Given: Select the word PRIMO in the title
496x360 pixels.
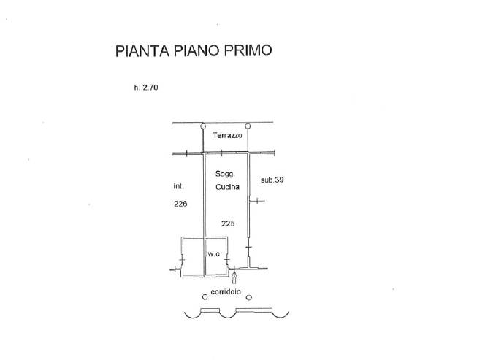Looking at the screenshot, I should point(250,51).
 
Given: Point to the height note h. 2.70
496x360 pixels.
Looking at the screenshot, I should point(146,88).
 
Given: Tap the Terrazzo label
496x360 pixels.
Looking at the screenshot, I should point(227,137).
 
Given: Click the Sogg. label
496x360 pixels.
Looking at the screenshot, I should point(224,174).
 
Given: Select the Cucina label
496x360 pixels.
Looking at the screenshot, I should point(227,188).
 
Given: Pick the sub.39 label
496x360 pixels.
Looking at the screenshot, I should point(272,180).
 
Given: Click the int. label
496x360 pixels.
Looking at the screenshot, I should point(179,186).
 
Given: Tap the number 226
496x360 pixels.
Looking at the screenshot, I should point(180,204).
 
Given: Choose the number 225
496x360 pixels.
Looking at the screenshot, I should point(227,223).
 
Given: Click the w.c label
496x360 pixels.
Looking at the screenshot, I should point(213,254).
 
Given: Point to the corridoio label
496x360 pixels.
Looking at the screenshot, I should point(226,292).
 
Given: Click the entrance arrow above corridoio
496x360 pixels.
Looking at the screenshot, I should point(234,277).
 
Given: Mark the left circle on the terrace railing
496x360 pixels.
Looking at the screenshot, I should point(203,126).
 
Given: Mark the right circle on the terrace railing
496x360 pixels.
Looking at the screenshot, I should point(248,126).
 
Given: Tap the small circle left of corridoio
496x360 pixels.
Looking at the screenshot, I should point(205,297).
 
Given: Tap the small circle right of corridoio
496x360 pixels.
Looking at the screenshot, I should point(248,297).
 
